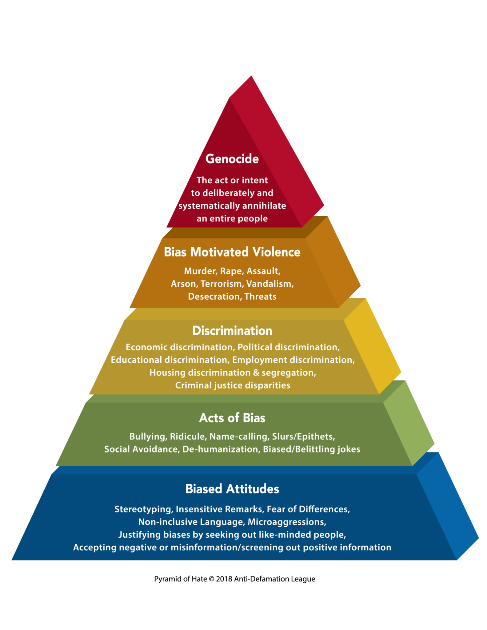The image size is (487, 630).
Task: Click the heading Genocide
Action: (x=232, y=159)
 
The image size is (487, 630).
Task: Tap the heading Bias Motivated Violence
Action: (x=232, y=252)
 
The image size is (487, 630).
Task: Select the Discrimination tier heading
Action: (x=232, y=331)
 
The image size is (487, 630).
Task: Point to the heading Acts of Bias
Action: (x=232, y=418)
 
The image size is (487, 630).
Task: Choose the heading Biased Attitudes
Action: (x=232, y=489)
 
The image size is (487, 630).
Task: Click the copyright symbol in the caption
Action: (x=211, y=579)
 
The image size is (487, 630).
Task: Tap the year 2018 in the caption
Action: (x=224, y=579)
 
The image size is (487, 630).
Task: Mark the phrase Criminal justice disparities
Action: (x=233, y=385)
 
